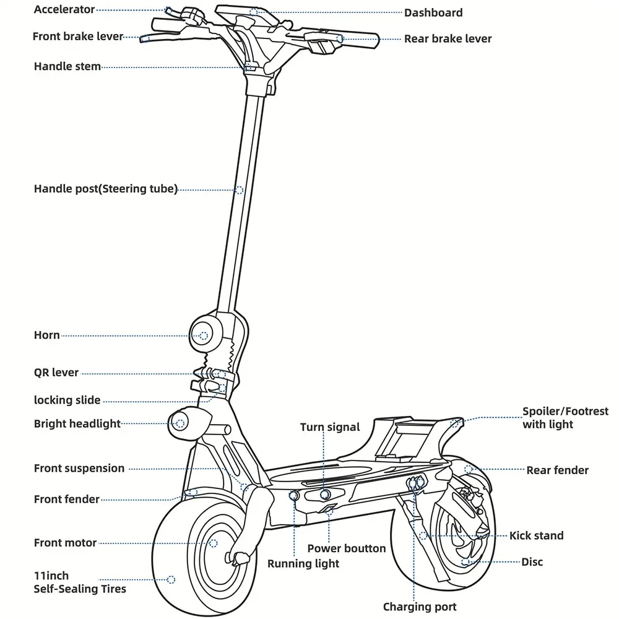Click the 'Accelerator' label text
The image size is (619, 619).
point(64,9)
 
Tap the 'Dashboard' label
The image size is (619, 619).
point(433,12)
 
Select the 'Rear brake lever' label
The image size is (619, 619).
point(448,38)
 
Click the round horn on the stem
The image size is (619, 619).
point(204,335)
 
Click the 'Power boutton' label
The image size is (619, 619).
point(346,548)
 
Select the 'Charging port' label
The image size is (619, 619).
point(419,607)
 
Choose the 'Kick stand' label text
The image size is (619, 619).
point(536,535)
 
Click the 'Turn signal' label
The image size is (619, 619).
point(329,427)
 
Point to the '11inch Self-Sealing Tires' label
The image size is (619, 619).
point(79,582)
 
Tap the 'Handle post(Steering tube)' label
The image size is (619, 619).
point(105,189)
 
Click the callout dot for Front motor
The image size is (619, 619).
point(214,542)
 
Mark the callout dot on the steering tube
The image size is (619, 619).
point(239,189)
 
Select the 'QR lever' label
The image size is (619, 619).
point(56,373)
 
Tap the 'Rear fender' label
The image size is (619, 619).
point(557,470)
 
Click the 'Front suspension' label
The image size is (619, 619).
point(79,469)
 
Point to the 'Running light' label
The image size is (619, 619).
point(303,563)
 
